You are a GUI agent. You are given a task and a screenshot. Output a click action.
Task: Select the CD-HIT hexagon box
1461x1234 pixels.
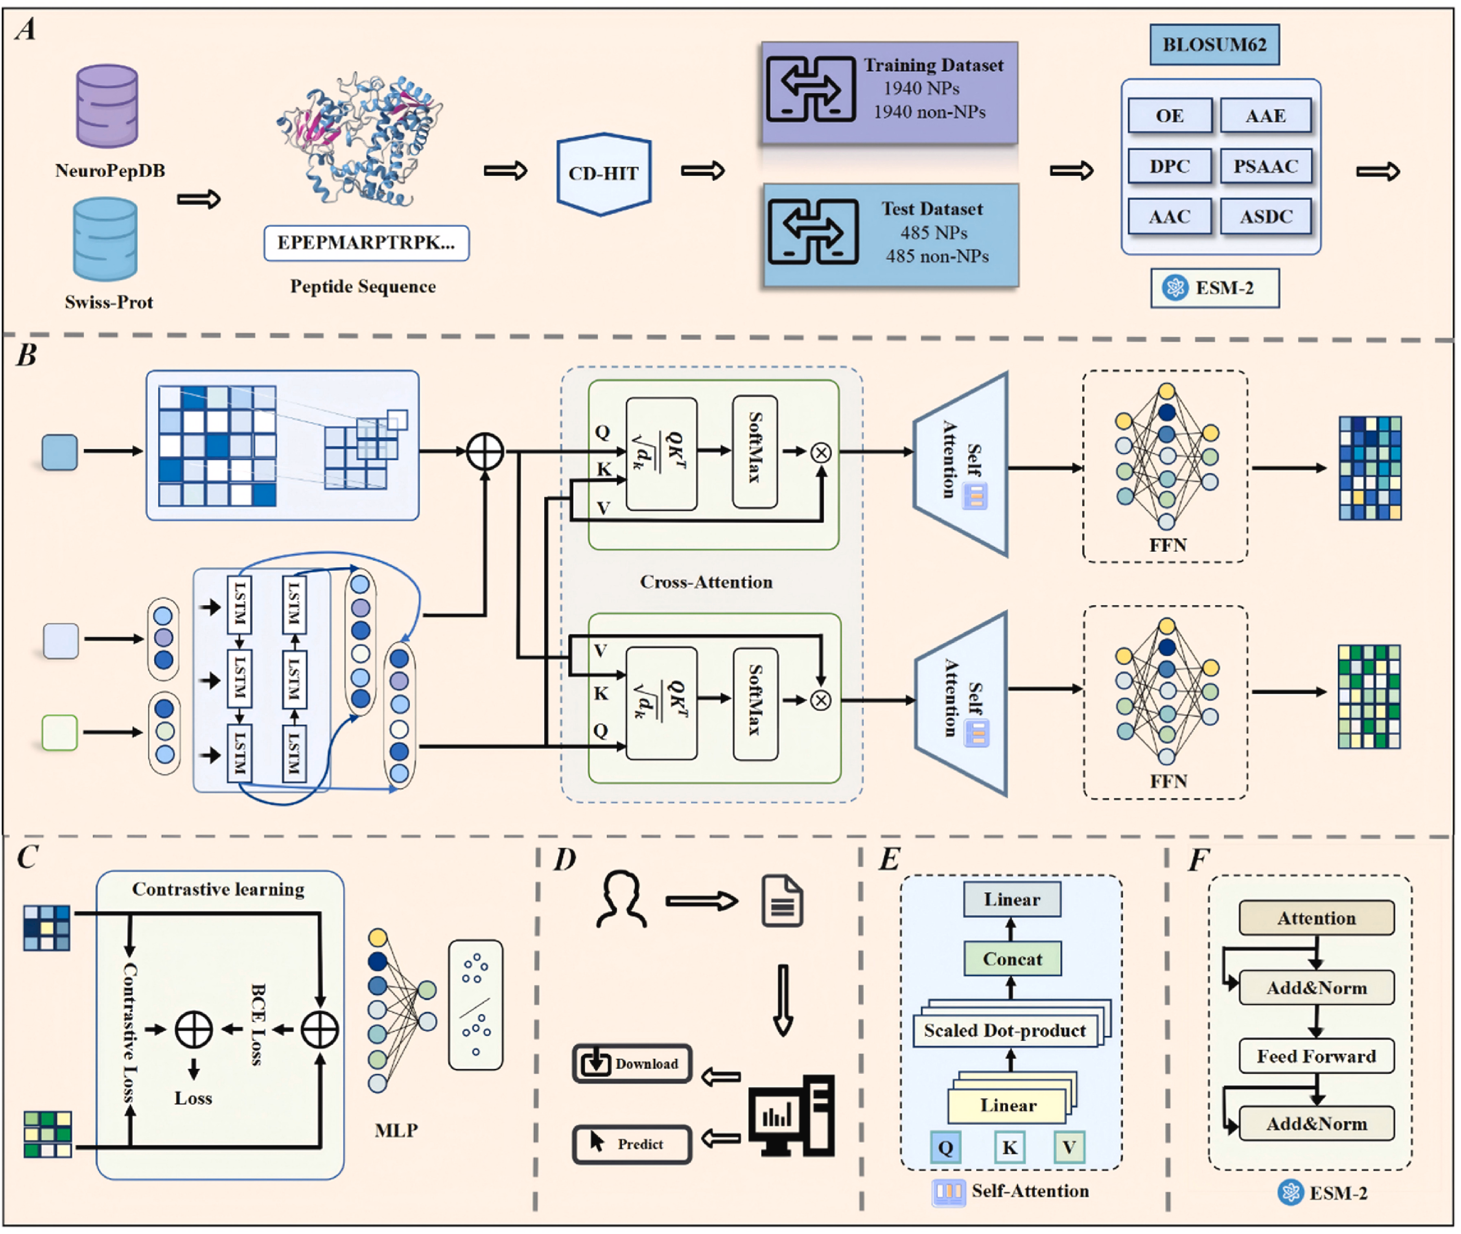604,173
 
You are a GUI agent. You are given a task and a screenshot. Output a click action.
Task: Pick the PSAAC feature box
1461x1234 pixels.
1265,167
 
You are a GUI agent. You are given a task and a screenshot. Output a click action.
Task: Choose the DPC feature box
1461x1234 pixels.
1169,167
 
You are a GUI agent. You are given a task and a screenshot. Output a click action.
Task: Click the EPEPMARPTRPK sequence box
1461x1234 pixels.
366,243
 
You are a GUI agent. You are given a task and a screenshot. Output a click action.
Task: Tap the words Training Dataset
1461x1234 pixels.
933,65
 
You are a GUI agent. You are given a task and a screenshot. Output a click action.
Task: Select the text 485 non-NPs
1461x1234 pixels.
937,256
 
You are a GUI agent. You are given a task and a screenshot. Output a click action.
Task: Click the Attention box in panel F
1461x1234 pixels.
1316,918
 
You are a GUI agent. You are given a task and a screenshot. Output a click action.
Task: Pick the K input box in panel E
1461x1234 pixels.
1009,1147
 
